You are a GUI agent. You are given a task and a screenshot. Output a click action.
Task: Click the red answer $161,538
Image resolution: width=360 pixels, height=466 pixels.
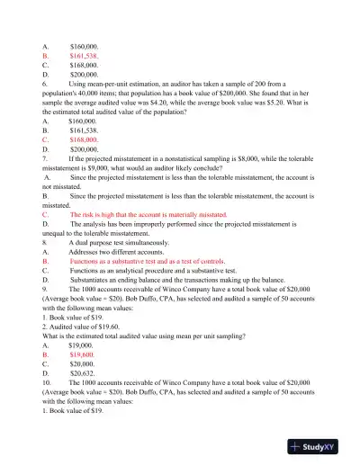tap(85, 55)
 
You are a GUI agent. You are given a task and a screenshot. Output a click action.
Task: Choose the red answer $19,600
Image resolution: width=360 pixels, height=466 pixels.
tap(85, 357)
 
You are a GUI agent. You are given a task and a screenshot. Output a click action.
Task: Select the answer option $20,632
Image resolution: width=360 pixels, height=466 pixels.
tap(85, 378)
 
